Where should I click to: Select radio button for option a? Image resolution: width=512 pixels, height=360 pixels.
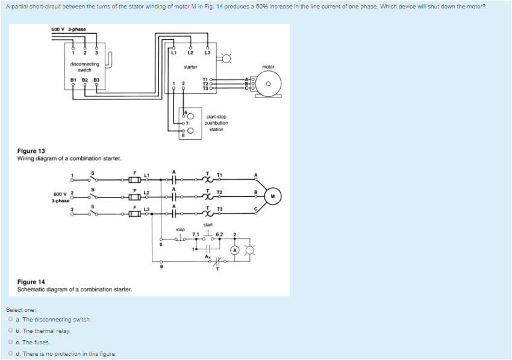click(x=11, y=320)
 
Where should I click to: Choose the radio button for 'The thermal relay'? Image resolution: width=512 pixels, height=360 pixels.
click(x=11, y=331)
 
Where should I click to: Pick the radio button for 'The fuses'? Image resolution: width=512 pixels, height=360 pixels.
click(x=11, y=343)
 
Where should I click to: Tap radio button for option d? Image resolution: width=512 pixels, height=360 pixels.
click(x=11, y=354)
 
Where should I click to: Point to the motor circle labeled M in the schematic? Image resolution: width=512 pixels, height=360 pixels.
click(x=273, y=195)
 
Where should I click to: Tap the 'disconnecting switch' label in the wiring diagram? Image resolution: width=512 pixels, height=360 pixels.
click(x=84, y=67)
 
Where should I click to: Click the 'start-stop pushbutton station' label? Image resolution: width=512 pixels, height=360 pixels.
click(x=216, y=123)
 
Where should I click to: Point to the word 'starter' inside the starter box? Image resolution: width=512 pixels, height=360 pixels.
click(x=190, y=67)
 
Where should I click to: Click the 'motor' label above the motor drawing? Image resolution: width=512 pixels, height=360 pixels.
click(x=268, y=67)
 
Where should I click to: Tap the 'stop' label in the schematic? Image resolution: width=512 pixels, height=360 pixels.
click(x=180, y=229)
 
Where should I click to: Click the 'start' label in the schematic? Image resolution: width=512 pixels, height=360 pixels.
click(x=208, y=225)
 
